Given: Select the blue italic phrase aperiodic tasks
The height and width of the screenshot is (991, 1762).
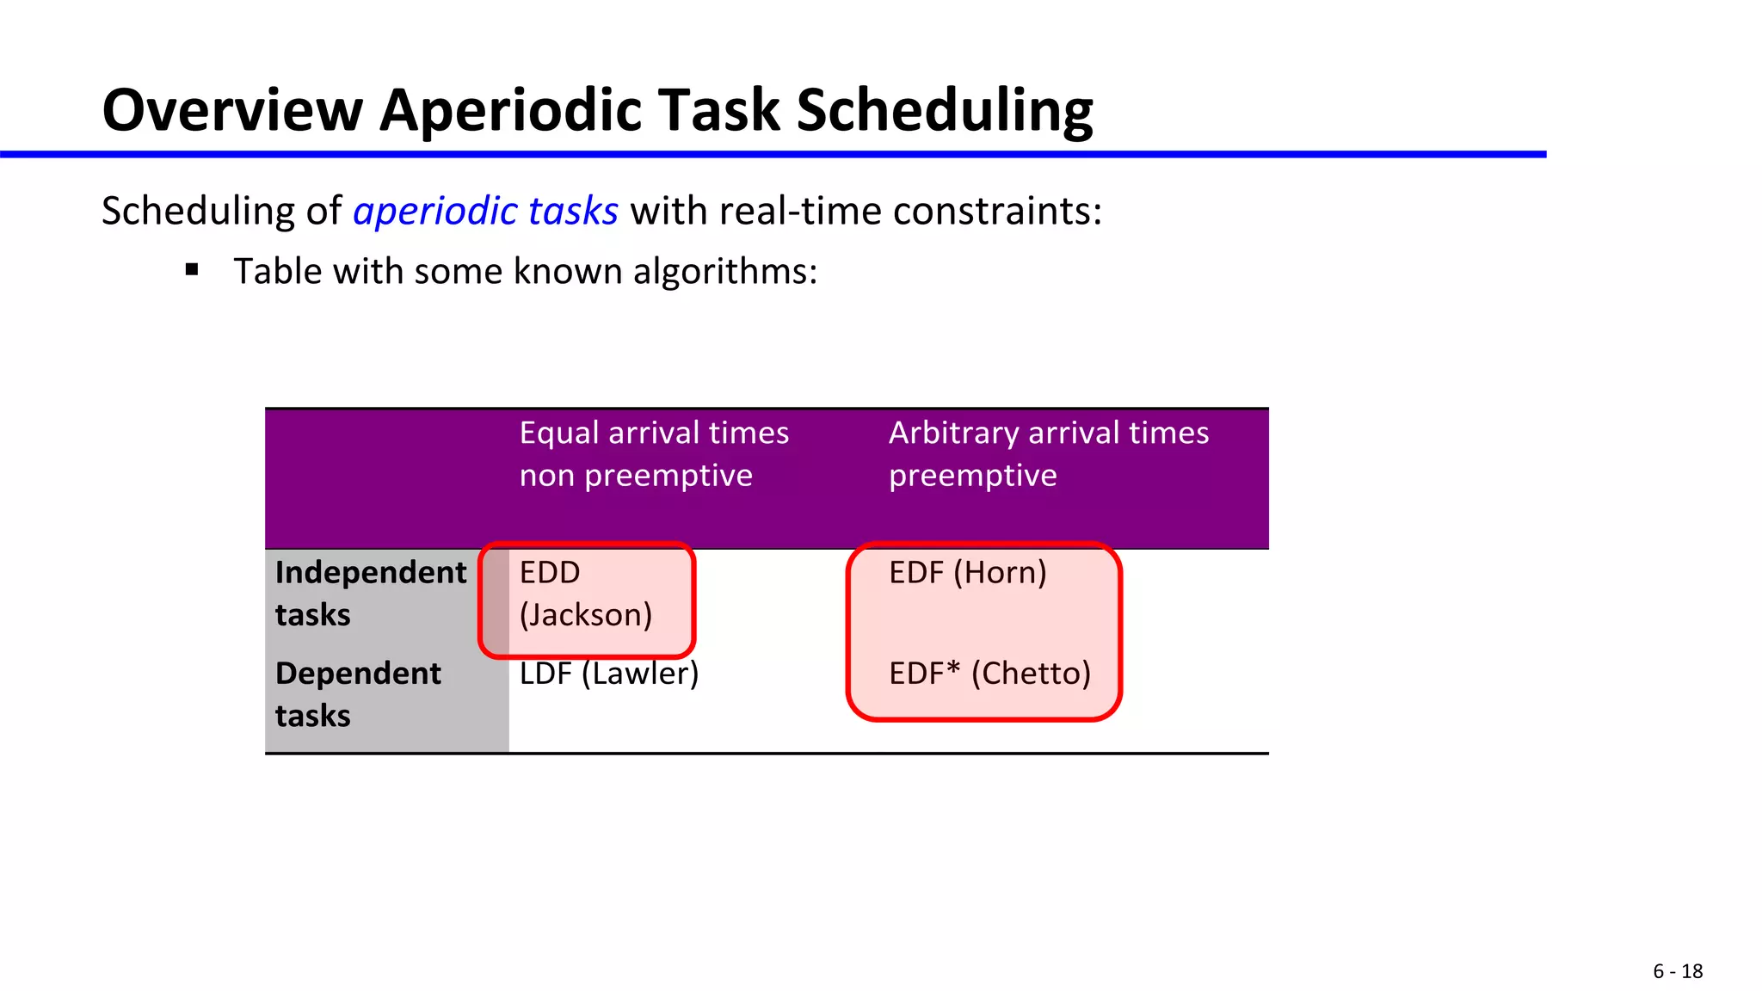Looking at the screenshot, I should click(485, 211).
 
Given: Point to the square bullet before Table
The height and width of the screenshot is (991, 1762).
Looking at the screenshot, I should click(192, 270).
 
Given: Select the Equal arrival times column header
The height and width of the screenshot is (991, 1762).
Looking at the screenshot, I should click(654, 433).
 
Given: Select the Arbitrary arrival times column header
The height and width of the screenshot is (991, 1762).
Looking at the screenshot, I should click(1048, 433).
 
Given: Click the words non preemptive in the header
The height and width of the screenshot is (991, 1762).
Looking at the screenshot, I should click(636, 476).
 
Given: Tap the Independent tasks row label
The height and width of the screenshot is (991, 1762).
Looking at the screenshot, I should click(370, 594).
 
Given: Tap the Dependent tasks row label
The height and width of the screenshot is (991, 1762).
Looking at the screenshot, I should click(358, 693).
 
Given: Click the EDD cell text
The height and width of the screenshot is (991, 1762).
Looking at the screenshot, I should click(550, 573).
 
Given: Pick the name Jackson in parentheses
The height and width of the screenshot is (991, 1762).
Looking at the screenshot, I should click(586, 615).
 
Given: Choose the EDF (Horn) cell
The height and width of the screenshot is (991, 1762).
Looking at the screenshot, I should click(967, 573).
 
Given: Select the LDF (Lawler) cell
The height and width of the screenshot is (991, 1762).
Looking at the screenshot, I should click(609, 674).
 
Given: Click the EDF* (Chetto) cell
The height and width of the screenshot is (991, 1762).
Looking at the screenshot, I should click(989, 674).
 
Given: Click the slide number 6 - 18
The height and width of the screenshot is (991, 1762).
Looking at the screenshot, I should click(1677, 971).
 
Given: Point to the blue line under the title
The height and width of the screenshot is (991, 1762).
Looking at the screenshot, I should click(774, 155).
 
